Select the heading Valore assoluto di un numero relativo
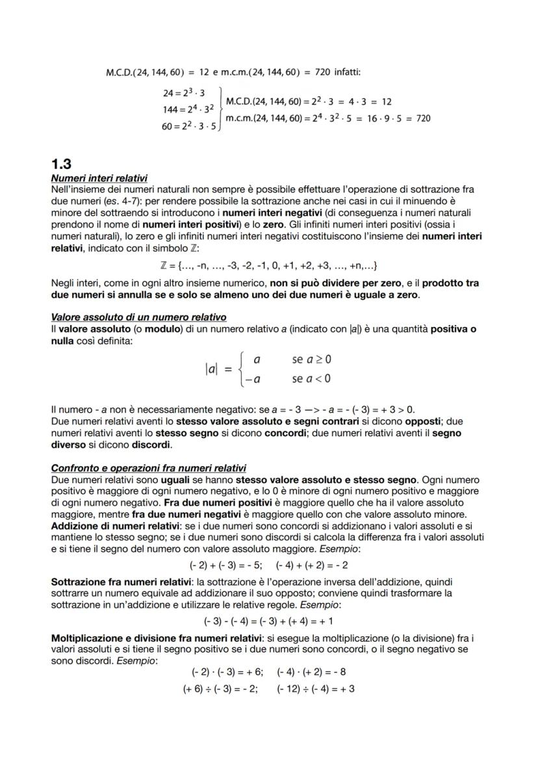pyautogui.click(x=138, y=317)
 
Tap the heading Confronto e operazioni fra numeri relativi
pyautogui.click(x=148, y=469)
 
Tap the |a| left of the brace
pyautogui.click(x=211, y=369)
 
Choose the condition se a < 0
pyautogui.click(x=312, y=378)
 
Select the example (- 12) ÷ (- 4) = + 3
pyautogui.click(x=316, y=688)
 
